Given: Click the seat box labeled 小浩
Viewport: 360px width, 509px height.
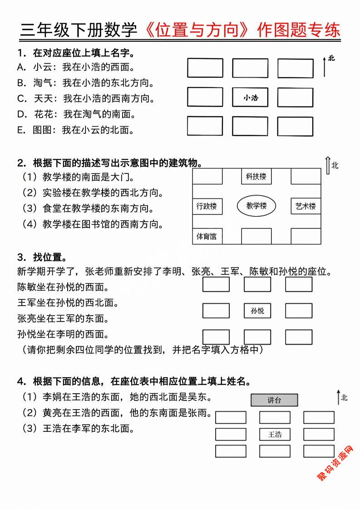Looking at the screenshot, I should [250, 97].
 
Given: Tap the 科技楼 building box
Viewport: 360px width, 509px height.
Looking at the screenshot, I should [256, 177].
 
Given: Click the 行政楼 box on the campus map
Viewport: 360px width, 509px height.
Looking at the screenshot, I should [207, 206].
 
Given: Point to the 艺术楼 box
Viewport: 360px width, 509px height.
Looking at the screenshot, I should [306, 206].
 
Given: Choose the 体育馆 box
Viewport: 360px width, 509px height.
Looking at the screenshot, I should [207, 236].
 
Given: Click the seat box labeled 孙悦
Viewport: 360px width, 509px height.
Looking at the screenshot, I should [257, 311].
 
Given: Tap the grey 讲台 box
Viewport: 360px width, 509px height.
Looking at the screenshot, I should [274, 400].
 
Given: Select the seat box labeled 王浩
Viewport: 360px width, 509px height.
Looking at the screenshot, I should [275, 435].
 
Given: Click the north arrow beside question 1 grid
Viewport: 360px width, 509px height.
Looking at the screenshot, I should [324, 66].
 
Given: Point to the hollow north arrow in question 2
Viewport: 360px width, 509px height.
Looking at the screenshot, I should [328, 166].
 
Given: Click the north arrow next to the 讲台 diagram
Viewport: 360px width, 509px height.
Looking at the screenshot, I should [339, 397].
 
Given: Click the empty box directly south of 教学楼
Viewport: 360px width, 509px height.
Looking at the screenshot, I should [256, 236].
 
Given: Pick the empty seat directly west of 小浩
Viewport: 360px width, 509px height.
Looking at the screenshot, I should [205, 97].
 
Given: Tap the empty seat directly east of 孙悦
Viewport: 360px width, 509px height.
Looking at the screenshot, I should [299, 311].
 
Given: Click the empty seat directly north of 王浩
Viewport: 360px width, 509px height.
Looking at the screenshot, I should [275, 417].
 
